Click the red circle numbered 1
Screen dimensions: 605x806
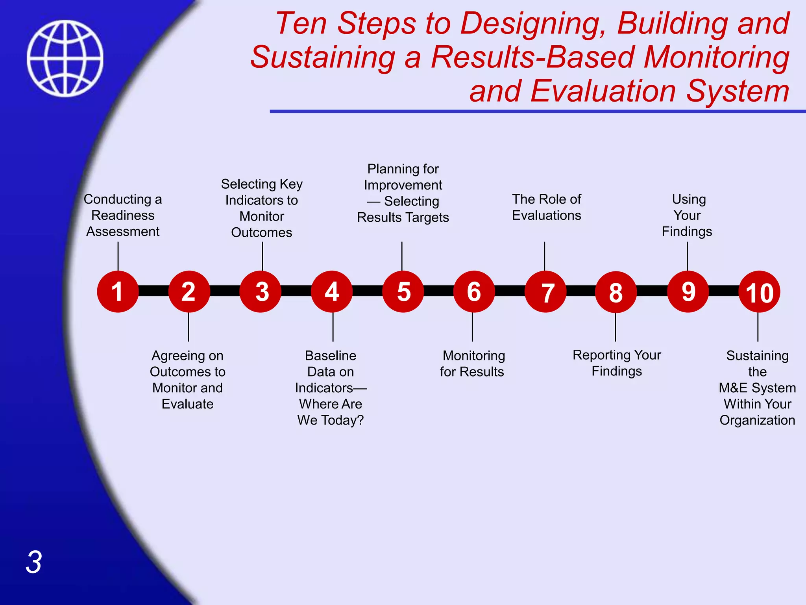pyautogui.click(x=118, y=291)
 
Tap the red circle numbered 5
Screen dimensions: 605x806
pyautogui.click(x=403, y=291)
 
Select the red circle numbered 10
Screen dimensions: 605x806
pyautogui.click(x=759, y=292)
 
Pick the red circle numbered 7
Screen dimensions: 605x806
pyautogui.click(x=545, y=292)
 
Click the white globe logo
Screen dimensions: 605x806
pyautogui.click(x=65, y=58)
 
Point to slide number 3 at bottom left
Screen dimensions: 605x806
pyautogui.click(x=34, y=562)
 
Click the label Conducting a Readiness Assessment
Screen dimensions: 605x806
pyautogui.click(x=123, y=215)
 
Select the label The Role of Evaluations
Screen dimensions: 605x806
pyautogui.click(x=546, y=207)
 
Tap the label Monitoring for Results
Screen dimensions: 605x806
pyautogui.click(x=472, y=364)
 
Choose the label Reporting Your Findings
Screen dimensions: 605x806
pyautogui.click(x=617, y=363)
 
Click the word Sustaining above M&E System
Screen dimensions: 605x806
pyautogui.click(x=757, y=356)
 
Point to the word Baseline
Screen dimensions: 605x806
pyautogui.click(x=331, y=356)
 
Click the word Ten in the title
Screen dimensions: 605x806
pyautogui.click(x=301, y=23)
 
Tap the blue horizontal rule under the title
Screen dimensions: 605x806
pyautogui.click(x=535, y=111)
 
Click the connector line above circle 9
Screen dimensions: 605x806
pyautogui.click(x=687, y=256)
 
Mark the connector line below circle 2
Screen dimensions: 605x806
pyautogui.click(x=189, y=327)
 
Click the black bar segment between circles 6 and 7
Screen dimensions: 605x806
pyautogui.click(x=510, y=291)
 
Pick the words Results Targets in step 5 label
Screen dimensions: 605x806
pyautogui.click(x=403, y=217)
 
